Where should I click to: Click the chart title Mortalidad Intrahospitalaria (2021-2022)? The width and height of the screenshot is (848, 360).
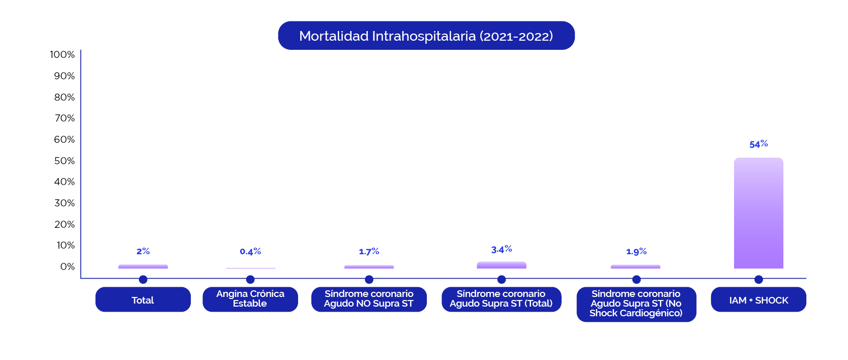point(426,36)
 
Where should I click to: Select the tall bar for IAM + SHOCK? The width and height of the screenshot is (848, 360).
point(758,213)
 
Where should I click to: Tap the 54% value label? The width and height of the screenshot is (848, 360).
point(758,144)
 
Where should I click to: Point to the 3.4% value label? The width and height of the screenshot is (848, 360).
point(502,249)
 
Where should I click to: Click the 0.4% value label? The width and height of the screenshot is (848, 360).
point(250,251)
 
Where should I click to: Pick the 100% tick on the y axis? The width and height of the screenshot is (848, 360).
point(63,54)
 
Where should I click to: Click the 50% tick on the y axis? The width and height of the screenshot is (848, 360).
point(65,161)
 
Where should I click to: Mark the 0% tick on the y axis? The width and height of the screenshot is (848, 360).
point(67,266)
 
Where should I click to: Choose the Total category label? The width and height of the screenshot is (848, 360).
point(143,299)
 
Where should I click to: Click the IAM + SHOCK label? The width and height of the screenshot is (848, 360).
point(758,299)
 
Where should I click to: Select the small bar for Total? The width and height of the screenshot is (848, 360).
point(143,266)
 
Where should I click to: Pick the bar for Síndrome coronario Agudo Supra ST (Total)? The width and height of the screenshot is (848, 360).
point(502,265)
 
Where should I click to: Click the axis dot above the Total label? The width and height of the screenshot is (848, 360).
point(143,279)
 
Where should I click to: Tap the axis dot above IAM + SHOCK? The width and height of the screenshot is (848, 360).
point(758,279)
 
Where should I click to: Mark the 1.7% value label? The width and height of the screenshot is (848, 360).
point(369,251)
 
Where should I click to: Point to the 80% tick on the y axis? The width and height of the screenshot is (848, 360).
point(65,97)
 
